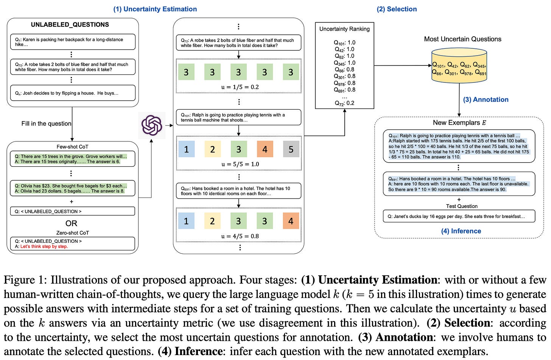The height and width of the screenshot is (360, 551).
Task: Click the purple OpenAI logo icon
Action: (x=152, y=125)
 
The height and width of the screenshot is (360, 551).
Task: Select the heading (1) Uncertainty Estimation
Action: (x=155, y=9)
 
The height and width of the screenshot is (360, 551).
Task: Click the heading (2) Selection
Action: (x=397, y=9)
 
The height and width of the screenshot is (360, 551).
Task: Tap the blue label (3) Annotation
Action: (x=486, y=99)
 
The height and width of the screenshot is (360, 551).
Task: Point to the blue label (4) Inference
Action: (x=461, y=231)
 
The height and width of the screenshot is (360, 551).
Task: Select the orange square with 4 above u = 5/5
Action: (x=265, y=149)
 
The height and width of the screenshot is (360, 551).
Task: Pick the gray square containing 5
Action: (x=291, y=149)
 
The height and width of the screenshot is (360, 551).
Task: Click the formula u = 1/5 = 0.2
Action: (x=240, y=87)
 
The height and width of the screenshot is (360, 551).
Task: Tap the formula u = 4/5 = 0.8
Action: (x=240, y=236)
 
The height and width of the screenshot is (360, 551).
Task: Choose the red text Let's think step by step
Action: (x=44, y=247)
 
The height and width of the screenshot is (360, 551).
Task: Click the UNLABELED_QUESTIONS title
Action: (x=70, y=25)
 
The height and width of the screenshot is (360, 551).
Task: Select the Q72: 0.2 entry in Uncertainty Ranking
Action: (x=344, y=103)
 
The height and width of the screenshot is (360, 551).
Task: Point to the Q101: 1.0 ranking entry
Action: (x=344, y=42)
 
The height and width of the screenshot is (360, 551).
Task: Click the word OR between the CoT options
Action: (x=71, y=223)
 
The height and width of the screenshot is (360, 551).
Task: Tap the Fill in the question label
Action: (x=46, y=123)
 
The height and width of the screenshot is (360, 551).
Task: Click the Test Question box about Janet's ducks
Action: (x=459, y=216)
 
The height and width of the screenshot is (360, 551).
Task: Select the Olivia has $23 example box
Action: (x=72, y=188)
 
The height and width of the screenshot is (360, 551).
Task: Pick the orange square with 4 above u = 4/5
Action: (x=291, y=221)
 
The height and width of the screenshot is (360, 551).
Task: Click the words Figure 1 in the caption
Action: (x=25, y=280)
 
